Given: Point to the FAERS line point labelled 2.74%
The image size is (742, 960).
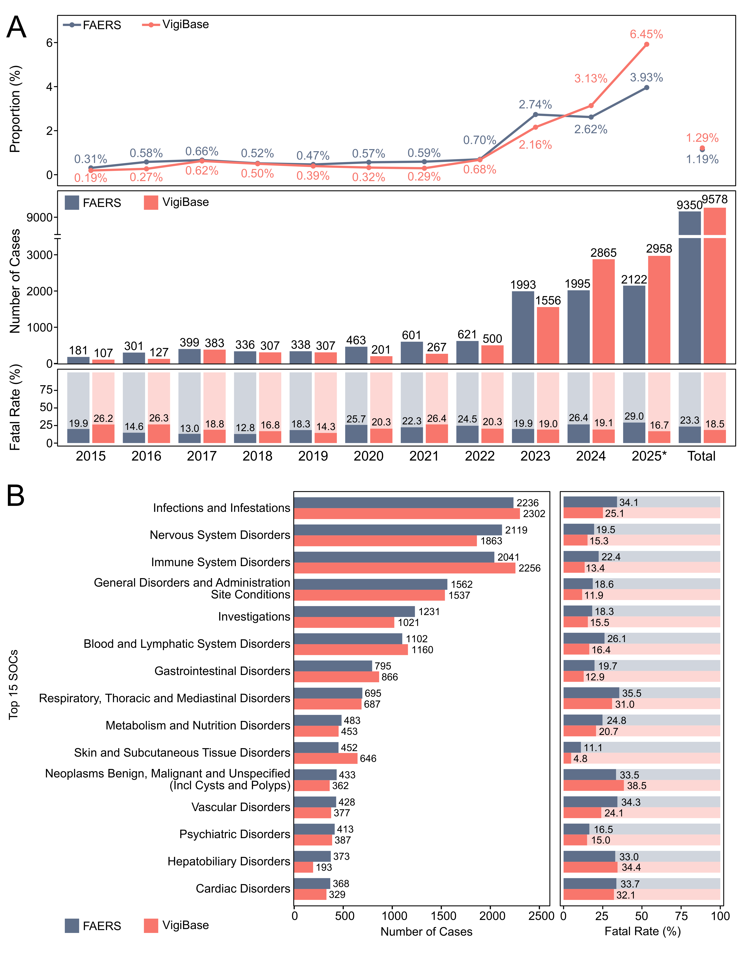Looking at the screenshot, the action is click(x=535, y=114).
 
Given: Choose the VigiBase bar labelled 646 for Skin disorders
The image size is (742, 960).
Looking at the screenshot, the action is click(x=326, y=758).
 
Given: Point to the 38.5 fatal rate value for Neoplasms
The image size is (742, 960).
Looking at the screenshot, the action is click(x=637, y=785).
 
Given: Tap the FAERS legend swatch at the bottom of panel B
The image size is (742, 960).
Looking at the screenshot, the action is click(x=72, y=926).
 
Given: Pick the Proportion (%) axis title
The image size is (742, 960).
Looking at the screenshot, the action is click(x=15, y=109).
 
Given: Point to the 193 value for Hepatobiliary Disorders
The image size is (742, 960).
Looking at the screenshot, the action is click(x=324, y=867).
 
